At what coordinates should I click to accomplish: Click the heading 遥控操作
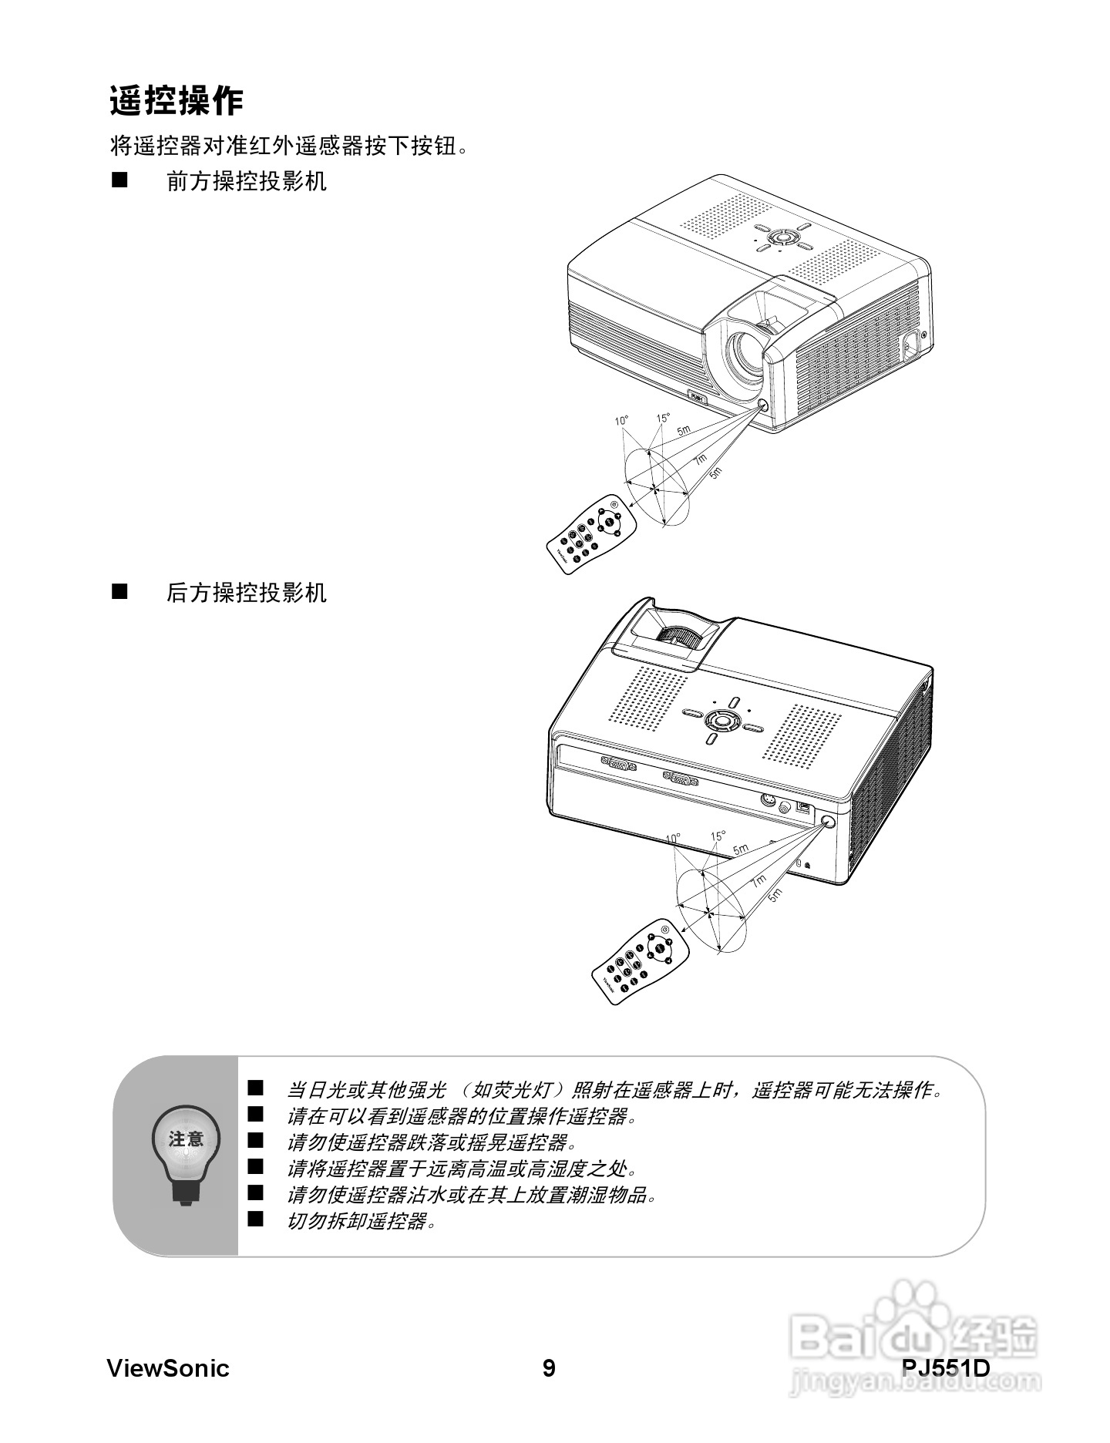177,101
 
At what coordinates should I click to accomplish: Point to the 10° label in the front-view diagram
621,420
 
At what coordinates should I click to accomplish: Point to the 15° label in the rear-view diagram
718,836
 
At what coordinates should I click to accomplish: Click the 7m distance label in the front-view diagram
700,459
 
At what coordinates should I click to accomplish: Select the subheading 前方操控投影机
247,182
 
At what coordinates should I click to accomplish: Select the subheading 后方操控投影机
247,593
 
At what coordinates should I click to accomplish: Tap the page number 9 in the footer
549,1368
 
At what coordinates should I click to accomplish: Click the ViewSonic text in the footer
168,1368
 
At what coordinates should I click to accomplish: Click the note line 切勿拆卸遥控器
361,1221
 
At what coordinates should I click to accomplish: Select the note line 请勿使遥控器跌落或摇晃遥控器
431,1142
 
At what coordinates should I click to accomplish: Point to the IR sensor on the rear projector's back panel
829,822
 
